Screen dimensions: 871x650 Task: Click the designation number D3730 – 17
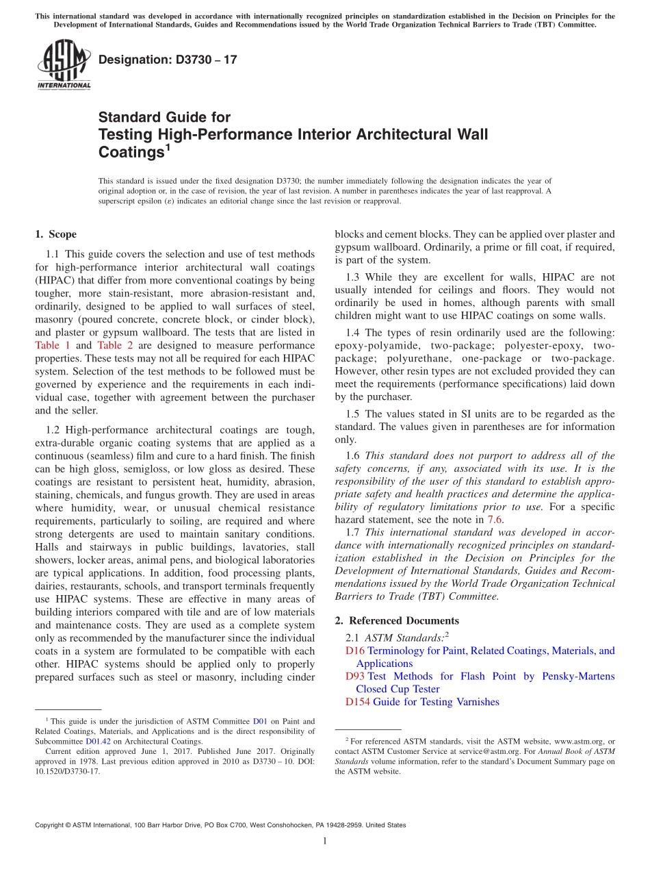(168, 60)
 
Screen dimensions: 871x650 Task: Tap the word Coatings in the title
(131, 152)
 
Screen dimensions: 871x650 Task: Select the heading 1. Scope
(55, 234)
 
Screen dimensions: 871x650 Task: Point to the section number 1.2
(55, 430)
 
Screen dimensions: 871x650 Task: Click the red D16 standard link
(356, 651)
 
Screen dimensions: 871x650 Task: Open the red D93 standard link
(356, 677)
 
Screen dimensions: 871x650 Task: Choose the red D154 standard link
(358, 702)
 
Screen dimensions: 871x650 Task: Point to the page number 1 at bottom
(325, 842)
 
